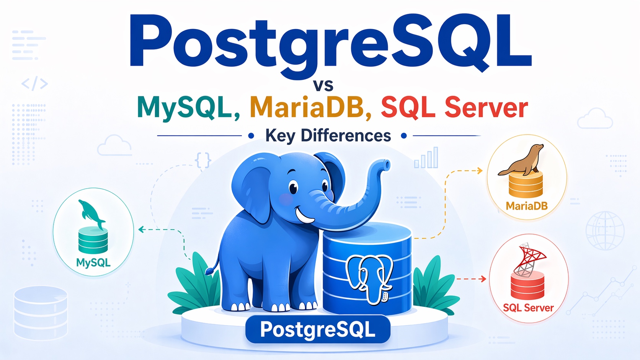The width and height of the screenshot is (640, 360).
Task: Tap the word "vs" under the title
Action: click(323, 85)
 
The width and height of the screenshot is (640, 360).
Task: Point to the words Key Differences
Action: click(328, 135)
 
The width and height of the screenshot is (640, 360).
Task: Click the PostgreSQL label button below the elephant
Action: click(318, 329)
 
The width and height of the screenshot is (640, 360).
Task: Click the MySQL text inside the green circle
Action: click(93, 262)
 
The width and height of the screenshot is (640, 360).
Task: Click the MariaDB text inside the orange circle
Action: click(526, 206)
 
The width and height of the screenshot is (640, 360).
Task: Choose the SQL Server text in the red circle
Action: click(528, 308)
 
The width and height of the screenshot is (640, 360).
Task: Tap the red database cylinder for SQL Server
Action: click(527, 285)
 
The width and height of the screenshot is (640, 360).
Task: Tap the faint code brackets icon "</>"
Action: click(34, 83)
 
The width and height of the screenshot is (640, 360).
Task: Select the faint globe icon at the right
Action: click(605, 231)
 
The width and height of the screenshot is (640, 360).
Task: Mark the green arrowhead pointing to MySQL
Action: click(141, 230)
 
